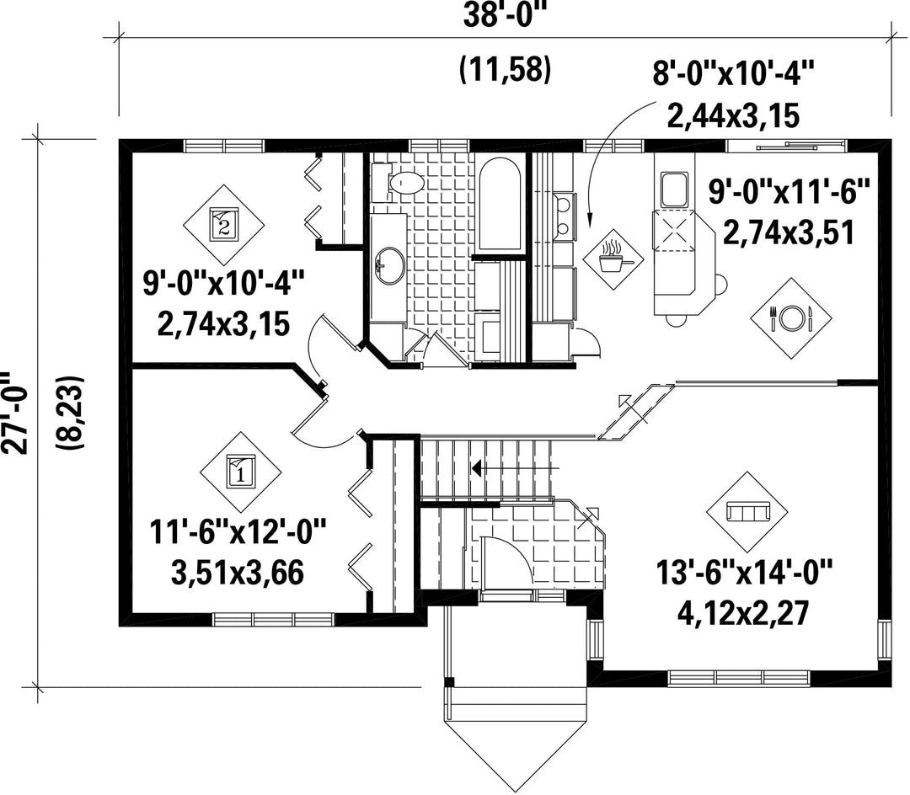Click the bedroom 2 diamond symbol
click(224, 224)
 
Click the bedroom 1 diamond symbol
click(241, 471)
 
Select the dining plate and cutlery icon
click(791, 318)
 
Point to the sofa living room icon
click(747, 512)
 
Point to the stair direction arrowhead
click(477, 467)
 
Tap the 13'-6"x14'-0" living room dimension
click(745, 573)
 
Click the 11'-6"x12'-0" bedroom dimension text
click(238, 531)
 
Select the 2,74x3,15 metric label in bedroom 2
click(223, 323)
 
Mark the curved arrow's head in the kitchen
click(591, 219)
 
